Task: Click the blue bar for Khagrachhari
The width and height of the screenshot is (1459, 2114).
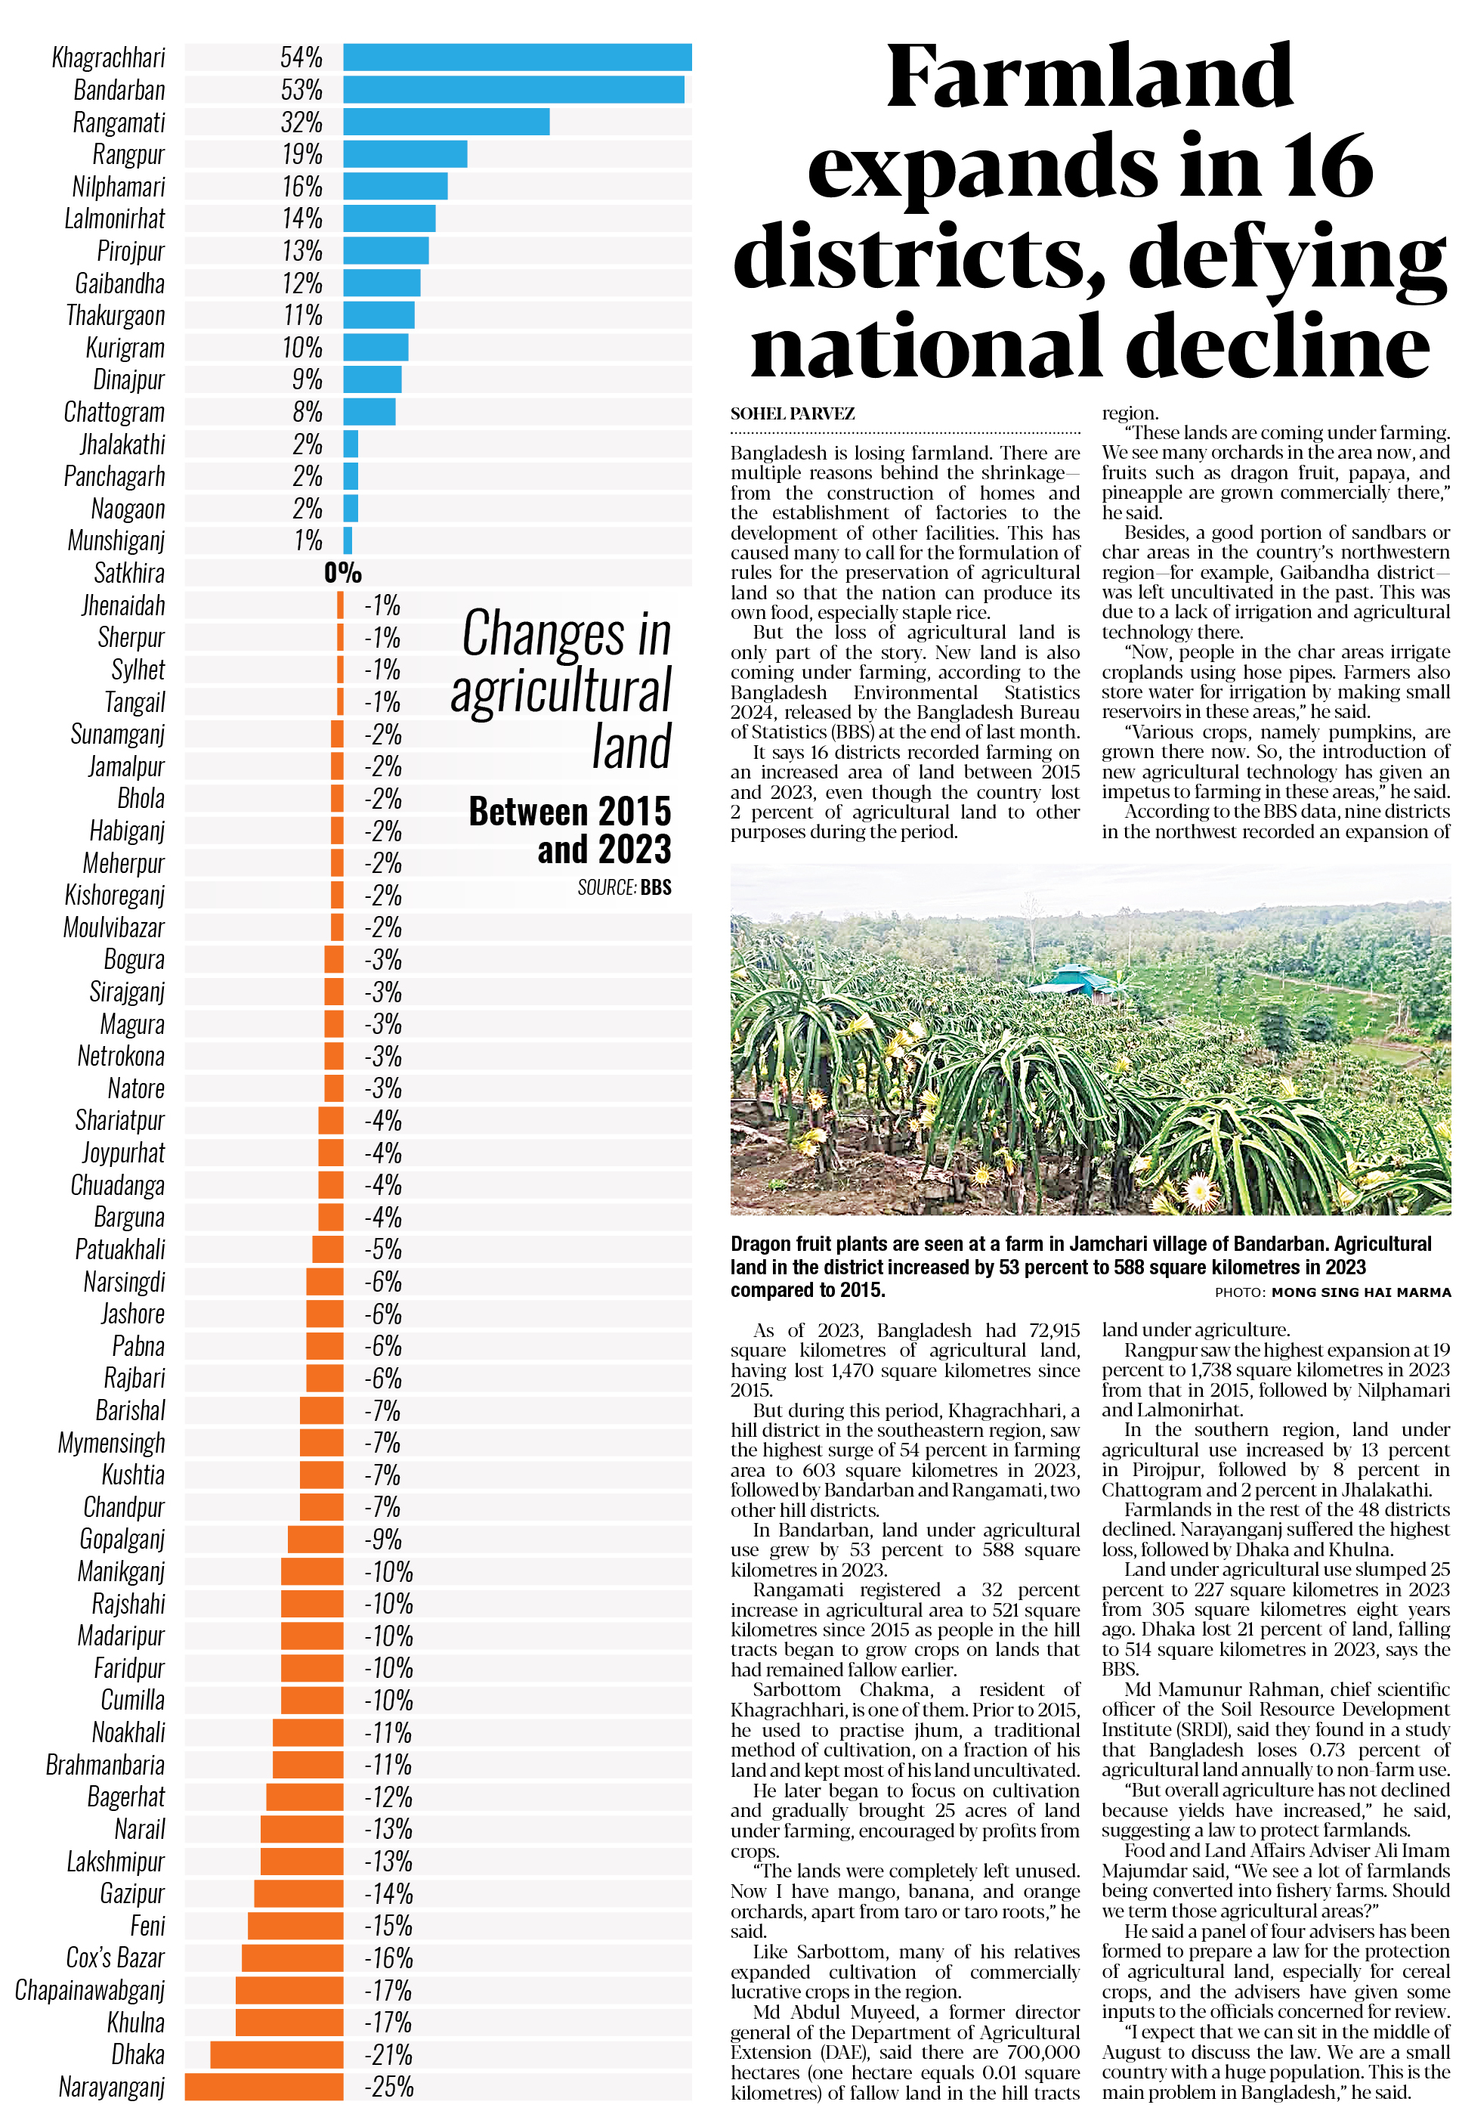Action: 517,57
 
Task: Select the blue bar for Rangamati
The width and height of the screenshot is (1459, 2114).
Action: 446,122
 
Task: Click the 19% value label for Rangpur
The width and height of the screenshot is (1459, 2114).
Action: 301,154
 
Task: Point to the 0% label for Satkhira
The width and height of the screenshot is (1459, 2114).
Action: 343,574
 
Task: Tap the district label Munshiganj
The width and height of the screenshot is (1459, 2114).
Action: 116,541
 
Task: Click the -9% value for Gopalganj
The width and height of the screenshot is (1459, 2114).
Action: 383,1540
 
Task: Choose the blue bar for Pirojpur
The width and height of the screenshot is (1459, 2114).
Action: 386,250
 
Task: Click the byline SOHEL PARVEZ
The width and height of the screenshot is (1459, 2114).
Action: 792,414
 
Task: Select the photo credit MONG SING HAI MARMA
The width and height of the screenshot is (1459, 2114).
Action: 1360,1292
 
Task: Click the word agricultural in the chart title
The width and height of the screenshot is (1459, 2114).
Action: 561,692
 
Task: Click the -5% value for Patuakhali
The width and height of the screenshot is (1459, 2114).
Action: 383,1250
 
